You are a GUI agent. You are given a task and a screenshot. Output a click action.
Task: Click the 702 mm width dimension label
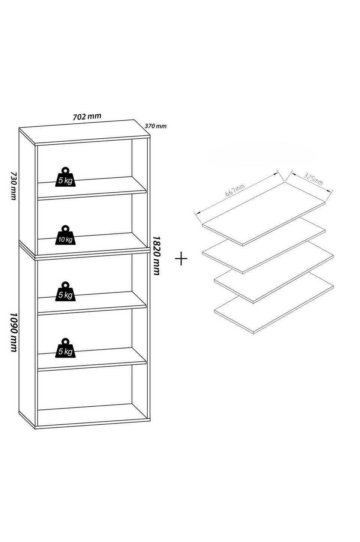tap(87, 117)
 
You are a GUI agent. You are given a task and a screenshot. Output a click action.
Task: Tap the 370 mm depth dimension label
tap(156, 126)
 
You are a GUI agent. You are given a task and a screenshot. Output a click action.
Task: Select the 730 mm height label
tap(14, 186)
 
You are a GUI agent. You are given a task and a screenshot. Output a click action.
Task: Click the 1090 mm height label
tap(14, 332)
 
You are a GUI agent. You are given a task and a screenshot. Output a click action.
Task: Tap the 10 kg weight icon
tap(65, 235)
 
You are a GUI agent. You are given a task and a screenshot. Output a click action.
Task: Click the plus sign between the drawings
tap(181, 258)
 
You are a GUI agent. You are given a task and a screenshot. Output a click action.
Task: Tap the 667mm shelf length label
tap(235, 190)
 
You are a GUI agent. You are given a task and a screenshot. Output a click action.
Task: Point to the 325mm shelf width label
tap(313, 179)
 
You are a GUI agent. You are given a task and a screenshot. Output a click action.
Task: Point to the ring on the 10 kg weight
tap(65, 228)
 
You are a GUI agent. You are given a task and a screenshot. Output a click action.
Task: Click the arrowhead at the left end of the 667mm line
tap(197, 213)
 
